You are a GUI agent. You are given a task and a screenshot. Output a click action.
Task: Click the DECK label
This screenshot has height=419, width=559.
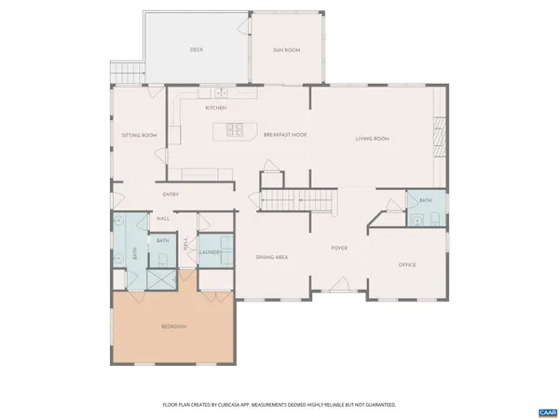coord(197,49)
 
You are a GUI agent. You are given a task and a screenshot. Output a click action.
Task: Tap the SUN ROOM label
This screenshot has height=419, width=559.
coord(286,49)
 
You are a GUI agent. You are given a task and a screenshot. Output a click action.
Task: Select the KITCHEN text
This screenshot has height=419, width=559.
coord(216,107)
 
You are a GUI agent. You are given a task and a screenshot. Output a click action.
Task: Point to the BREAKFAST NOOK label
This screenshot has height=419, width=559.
coord(285,135)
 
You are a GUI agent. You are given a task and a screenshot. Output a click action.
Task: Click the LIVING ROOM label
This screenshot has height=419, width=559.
coord(371,139)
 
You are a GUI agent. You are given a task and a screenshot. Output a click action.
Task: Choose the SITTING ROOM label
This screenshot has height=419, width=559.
coord(139,135)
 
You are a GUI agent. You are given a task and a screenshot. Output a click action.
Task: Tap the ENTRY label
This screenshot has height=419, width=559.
coord(170,195)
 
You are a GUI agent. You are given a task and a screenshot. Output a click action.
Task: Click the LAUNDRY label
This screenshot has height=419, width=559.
coord(209,251)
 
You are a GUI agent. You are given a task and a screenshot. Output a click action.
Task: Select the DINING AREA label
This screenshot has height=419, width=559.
coord(271,256)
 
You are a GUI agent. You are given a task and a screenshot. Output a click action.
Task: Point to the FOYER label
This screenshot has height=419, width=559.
coord(340,248)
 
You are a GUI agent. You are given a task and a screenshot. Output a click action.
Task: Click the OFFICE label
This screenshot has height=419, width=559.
coord(407,264)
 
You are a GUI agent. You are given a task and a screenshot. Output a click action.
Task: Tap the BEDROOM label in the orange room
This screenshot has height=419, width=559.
coord(174,326)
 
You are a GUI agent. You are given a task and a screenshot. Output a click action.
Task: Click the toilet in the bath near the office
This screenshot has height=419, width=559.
coord(436,219)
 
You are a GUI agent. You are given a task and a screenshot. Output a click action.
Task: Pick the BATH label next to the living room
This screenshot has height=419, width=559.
coord(425,200)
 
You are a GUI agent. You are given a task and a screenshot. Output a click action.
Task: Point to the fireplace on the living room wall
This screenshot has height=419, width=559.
coord(439,137)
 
